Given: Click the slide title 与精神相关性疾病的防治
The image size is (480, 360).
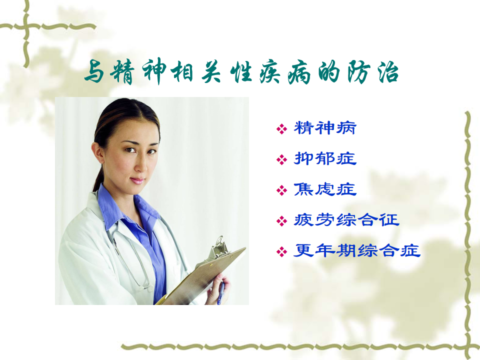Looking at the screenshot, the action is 241,72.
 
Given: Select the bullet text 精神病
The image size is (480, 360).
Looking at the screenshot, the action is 325,128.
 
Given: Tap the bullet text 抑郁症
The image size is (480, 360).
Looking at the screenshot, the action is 325,158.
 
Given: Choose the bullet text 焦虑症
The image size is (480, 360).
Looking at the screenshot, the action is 325,189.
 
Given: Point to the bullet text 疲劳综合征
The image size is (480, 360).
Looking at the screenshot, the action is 346,220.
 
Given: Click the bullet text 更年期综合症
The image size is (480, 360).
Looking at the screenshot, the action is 357,250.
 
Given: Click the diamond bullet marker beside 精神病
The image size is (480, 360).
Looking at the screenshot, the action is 281,129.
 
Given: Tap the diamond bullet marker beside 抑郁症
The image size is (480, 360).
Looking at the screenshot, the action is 281,159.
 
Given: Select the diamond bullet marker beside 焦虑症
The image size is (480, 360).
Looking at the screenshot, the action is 281,190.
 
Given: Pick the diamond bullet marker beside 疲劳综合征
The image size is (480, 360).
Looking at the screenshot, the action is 281,221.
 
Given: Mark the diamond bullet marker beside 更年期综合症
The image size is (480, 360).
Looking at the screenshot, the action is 281,252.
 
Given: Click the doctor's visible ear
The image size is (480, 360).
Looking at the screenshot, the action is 97,153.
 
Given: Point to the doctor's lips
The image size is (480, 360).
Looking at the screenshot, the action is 137,180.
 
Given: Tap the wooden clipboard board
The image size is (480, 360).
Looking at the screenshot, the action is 202,275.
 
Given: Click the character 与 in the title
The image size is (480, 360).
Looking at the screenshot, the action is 94,72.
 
